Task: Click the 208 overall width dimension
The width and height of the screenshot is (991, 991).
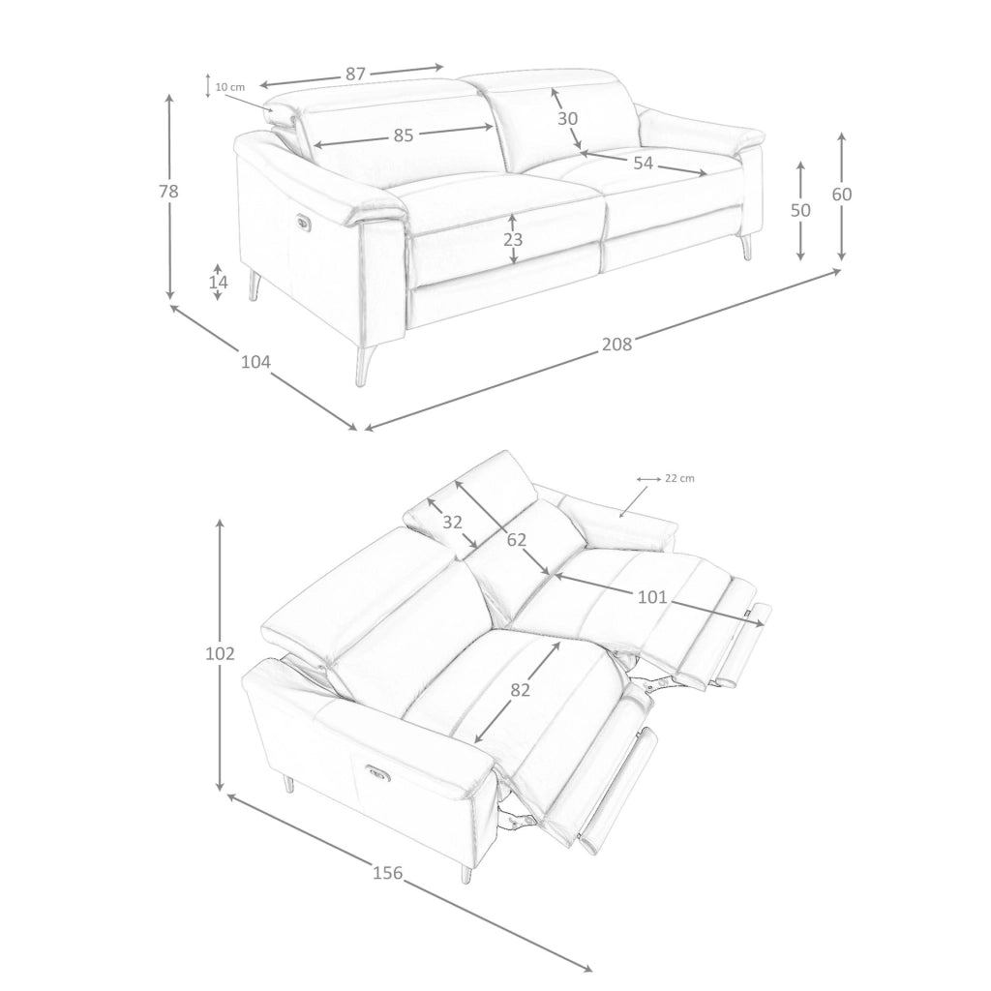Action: click(616, 344)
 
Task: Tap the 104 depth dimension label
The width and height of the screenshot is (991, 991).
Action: click(255, 362)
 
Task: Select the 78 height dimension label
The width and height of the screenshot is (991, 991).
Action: click(168, 191)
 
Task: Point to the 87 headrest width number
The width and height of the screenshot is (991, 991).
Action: click(355, 74)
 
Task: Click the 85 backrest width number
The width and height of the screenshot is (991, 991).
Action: click(404, 135)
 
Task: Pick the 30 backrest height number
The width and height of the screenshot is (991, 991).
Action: click(567, 118)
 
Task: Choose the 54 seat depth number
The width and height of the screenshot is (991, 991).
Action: click(643, 163)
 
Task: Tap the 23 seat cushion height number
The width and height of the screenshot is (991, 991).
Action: click(513, 240)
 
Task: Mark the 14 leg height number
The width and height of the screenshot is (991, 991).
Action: click(218, 282)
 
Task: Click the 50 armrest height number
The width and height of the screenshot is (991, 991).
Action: click(800, 210)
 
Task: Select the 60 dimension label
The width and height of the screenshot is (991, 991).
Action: click(841, 194)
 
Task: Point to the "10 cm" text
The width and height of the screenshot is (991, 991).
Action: click(230, 87)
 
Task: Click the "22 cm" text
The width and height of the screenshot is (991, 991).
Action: click(680, 478)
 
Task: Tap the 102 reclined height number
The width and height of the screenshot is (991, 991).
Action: click(220, 653)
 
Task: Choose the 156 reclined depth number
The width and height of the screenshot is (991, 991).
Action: click(387, 873)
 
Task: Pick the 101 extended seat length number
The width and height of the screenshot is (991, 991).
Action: click(652, 596)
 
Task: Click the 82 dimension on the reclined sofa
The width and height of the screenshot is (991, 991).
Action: click(520, 690)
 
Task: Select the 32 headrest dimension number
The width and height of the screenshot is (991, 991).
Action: click(452, 522)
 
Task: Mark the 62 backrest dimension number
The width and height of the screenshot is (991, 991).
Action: click(517, 539)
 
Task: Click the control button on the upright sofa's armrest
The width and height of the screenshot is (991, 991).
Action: click(302, 221)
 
